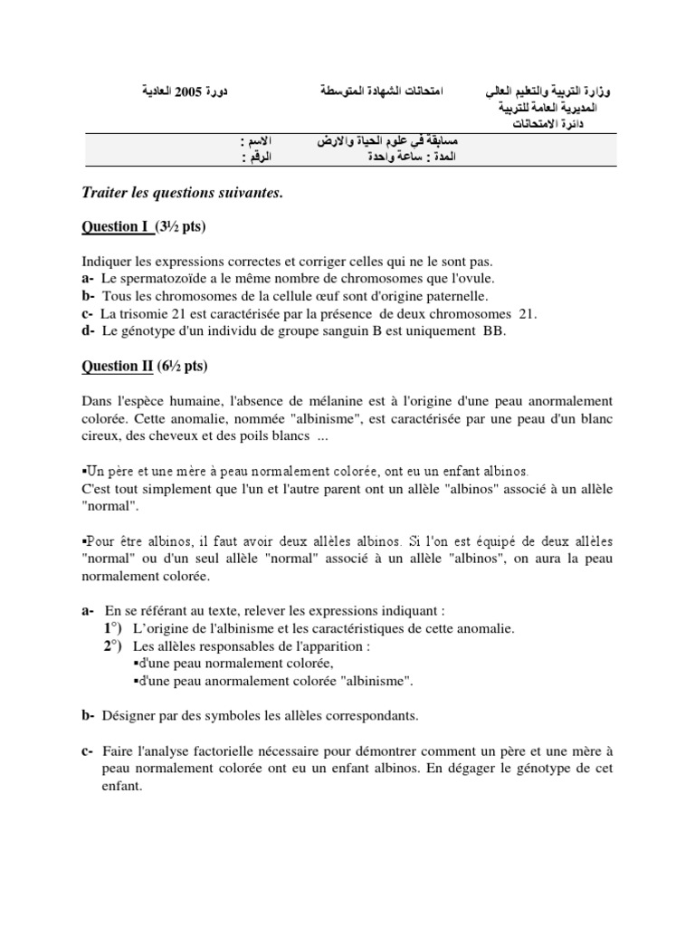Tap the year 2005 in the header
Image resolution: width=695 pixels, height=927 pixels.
(x=207, y=92)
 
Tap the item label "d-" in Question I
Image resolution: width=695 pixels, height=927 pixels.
(x=88, y=331)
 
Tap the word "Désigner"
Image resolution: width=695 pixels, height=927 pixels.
(x=132, y=715)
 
